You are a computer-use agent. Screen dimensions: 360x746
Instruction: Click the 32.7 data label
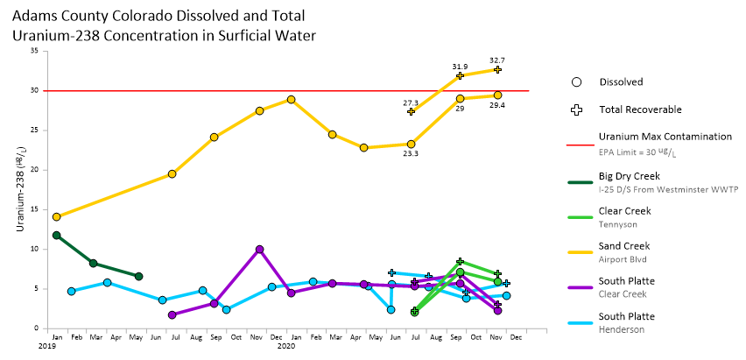point(497,60)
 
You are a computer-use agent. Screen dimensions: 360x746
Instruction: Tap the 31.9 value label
point(460,67)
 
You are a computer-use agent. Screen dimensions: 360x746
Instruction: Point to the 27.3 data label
point(411,102)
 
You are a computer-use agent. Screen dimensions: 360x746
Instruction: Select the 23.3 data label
point(411,153)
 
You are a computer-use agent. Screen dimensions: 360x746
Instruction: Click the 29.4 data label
point(497,105)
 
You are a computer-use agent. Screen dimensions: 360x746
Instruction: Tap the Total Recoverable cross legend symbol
point(576,110)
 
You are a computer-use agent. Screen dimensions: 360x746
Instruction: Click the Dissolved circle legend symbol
point(576,82)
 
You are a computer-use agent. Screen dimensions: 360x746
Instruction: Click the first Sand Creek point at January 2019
point(57,216)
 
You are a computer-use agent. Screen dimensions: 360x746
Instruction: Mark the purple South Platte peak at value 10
point(259,250)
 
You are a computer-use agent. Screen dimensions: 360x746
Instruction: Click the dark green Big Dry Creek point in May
point(138,276)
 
